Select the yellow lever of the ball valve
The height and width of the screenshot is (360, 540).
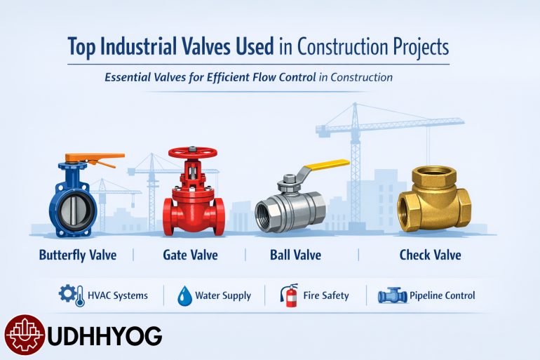[325, 166]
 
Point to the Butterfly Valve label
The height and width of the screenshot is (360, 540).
[77, 254]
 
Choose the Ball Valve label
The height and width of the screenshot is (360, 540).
[295, 254]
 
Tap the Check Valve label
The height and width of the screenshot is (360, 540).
[430, 254]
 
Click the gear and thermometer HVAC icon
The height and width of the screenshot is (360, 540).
[69, 295]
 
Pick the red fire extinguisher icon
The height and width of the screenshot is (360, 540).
[288, 295]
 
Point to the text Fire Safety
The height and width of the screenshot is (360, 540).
[325, 296]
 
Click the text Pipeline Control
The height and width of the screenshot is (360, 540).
[443, 296]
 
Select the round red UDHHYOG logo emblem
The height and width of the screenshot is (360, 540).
[25, 335]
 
